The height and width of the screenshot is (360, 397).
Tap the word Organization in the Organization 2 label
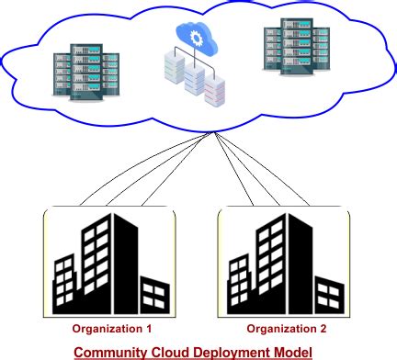tap(278, 328)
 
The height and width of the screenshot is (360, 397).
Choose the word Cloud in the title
tap(171, 352)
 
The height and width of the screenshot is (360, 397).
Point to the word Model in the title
tap(294, 352)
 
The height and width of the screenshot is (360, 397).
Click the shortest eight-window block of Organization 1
tap(63, 285)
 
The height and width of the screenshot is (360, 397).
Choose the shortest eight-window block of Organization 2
tap(237, 285)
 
